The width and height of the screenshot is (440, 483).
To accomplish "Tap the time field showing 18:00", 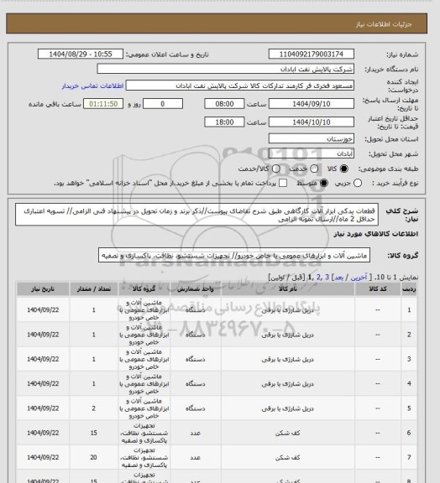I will click(x=223, y=122).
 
